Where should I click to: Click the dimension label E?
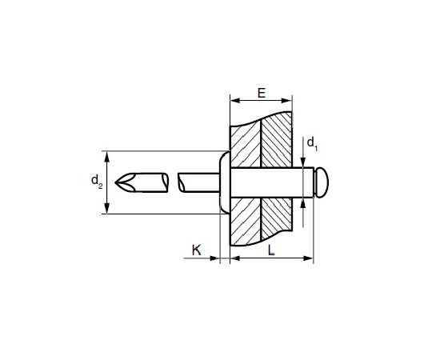pos(262,93)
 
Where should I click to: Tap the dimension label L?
pos(271,250)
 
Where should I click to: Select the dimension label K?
pos(197,250)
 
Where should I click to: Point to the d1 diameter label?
pos(312,144)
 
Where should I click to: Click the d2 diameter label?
pos(97,181)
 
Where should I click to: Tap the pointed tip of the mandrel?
pos(116,182)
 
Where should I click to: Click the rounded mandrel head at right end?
pos(322,182)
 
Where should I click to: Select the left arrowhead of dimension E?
pos(235,101)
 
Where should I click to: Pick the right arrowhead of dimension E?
pos(286,101)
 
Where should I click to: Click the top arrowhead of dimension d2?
pos(106,156)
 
